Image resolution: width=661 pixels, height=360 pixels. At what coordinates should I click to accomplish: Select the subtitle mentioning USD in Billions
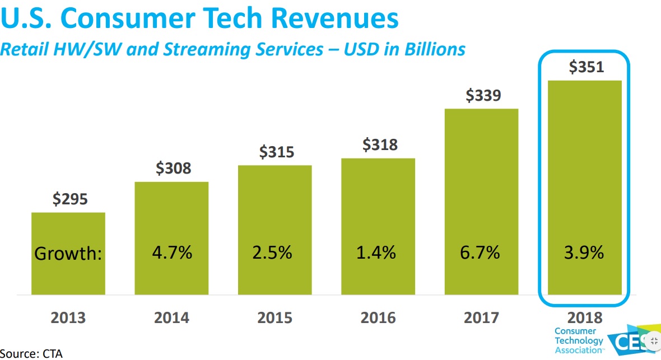point(232,49)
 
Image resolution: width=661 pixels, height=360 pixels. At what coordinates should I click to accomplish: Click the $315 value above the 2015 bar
point(275,152)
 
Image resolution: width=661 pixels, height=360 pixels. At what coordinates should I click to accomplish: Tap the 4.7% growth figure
point(172,253)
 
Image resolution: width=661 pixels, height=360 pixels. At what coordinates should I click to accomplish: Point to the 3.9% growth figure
point(584,253)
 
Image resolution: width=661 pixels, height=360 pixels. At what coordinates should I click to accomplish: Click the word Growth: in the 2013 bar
point(68,254)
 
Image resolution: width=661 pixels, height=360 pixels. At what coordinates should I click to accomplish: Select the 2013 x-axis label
point(68,318)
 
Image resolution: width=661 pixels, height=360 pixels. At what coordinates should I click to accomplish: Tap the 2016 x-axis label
point(378,318)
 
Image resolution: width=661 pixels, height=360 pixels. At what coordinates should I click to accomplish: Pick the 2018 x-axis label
point(585,318)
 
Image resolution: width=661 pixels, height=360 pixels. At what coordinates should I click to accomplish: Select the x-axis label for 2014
point(172,318)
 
